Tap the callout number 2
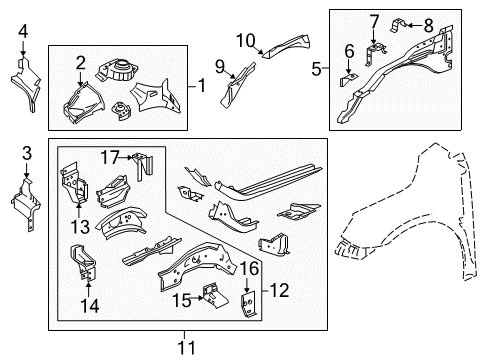[80, 62]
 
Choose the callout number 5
[316, 69]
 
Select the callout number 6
[349, 51]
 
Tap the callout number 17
[108, 156]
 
